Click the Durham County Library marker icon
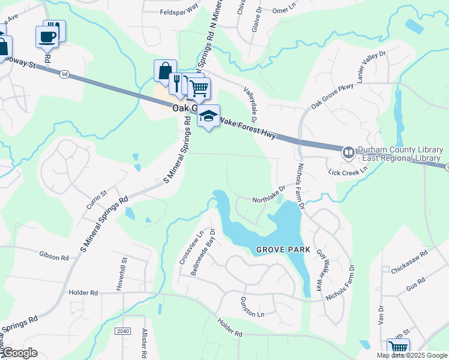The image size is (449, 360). coord(348,153)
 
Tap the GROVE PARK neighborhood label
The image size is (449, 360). coord(282,249)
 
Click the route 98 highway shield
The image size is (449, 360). coord(64,74)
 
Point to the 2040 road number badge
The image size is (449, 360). coord(122,331)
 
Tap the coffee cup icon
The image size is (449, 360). coord(46,37)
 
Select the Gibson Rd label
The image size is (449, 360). coord(55,256)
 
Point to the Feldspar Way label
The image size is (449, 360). coord(179,12)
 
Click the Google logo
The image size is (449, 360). coord(20,353)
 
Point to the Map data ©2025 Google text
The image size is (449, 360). coord(412,355)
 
